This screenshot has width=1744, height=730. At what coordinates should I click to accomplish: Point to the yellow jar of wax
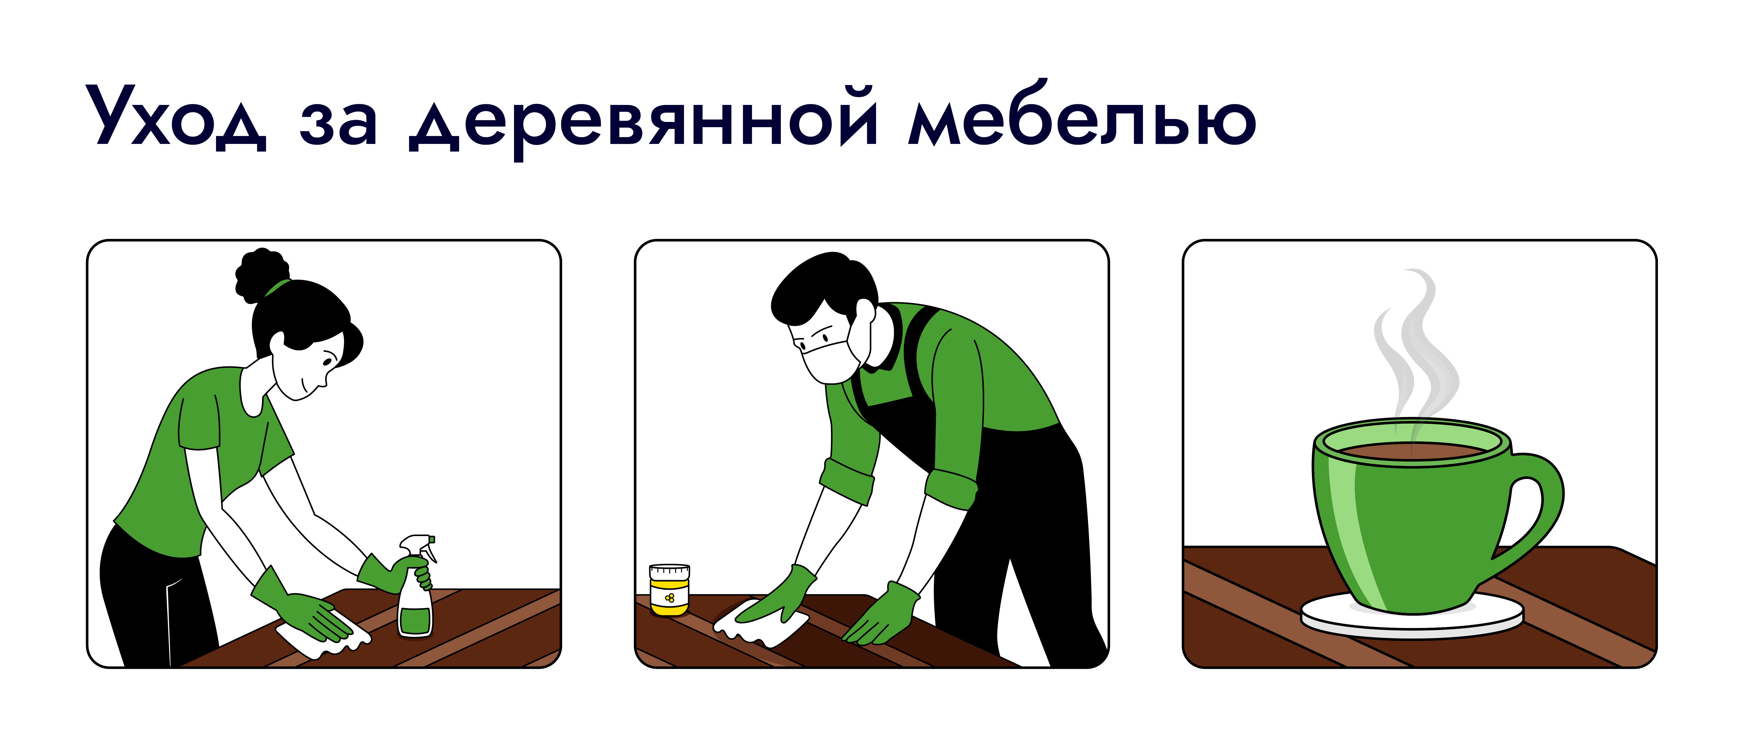(670, 589)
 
